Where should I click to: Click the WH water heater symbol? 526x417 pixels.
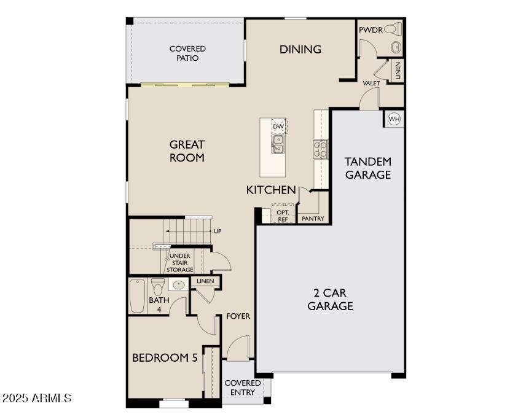[x=394, y=119]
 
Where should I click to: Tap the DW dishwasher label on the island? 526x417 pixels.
[x=278, y=127]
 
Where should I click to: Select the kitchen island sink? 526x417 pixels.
[x=278, y=144]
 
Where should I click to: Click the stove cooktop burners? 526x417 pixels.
[x=321, y=149]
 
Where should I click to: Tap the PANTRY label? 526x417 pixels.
[x=313, y=219]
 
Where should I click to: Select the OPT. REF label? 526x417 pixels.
[x=283, y=215]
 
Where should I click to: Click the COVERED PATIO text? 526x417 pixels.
[x=187, y=53]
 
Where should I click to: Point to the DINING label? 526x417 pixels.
[x=300, y=49]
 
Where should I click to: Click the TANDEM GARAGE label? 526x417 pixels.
[x=367, y=168]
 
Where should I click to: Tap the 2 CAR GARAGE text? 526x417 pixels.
[x=330, y=299]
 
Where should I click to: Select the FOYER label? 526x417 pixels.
[x=238, y=316]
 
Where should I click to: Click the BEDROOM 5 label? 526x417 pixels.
[x=165, y=357]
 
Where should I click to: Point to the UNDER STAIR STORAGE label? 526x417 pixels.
[x=181, y=263]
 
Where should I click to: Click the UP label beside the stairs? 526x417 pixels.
[x=218, y=231]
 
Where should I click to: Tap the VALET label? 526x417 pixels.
[x=371, y=83]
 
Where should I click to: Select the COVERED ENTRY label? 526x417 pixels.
[x=243, y=388]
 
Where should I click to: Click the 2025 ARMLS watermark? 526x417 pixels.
[x=37, y=399]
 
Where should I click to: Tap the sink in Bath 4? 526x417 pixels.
[x=179, y=285]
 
